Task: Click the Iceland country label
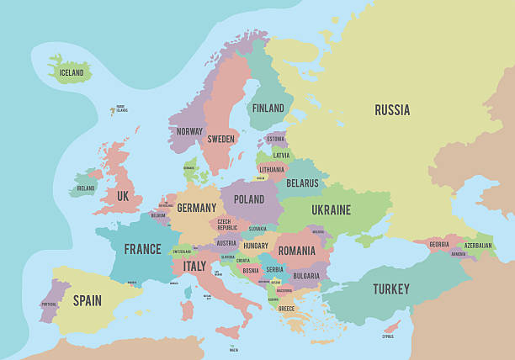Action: click(x=72, y=73)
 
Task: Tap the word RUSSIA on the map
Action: click(x=392, y=110)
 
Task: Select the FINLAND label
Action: click(x=268, y=109)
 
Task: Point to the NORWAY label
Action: click(x=189, y=131)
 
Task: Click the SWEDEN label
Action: click(x=221, y=139)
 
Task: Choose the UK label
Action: click(x=123, y=196)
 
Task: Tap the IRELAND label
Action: click(x=86, y=189)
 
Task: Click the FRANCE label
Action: click(x=142, y=249)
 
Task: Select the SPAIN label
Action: click(x=87, y=299)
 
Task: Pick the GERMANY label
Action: click(x=197, y=208)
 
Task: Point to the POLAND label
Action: click(x=248, y=199)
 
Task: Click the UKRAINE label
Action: click(x=331, y=209)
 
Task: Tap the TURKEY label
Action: click(x=391, y=289)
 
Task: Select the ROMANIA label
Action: click(x=296, y=251)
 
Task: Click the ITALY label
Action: click(x=194, y=266)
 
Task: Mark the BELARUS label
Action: click(x=302, y=183)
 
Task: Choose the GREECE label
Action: click(x=287, y=308)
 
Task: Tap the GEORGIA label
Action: click(x=438, y=244)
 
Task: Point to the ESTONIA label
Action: click(x=275, y=139)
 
